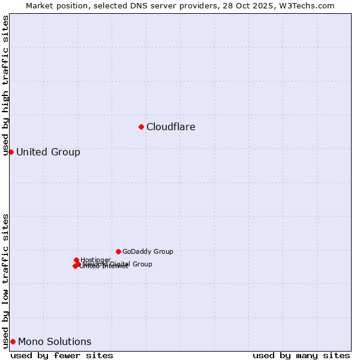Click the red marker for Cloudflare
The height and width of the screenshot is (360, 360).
coord(141,127)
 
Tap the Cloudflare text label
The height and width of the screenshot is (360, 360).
coord(171,127)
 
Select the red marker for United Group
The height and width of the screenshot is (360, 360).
coord(11,152)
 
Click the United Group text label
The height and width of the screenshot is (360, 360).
coord(48,152)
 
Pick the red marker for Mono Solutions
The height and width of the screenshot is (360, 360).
coord(13,341)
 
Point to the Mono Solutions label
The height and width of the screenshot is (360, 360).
coord(55,342)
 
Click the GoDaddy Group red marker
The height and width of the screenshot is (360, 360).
coord(118,251)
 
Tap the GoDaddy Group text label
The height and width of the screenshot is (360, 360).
coord(148,252)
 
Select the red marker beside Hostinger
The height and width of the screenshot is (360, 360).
coord(77,260)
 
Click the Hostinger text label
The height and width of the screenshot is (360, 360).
coord(96,260)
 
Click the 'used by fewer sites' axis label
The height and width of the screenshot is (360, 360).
coord(62,355)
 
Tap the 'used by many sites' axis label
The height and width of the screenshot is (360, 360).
coord(301,355)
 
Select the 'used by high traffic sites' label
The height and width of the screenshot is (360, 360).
coord(6,85)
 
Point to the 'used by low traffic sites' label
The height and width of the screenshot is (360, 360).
coord(6,280)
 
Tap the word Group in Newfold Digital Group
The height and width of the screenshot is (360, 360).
coord(142,264)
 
